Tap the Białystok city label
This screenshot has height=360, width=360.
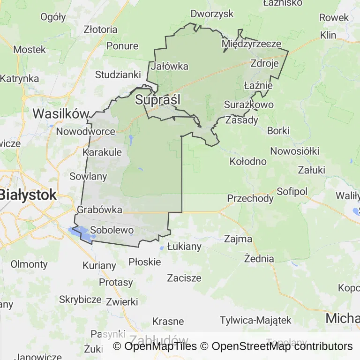[x=28, y=195]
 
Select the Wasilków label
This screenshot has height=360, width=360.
[x=61, y=114]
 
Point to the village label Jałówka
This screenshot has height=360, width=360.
[x=170, y=66]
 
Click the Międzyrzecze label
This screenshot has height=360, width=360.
[x=252, y=44]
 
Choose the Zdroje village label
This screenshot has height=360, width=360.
[x=265, y=63]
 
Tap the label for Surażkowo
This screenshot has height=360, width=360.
[x=249, y=105]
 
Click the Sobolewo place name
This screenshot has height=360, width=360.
[x=112, y=230]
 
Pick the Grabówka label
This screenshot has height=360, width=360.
[x=99, y=210]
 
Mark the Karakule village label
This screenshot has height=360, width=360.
[x=102, y=152]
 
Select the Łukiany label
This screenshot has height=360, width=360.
[x=184, y=246]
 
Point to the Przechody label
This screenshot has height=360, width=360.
[x=250, y=198]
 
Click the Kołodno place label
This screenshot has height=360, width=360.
[x=248, y=162]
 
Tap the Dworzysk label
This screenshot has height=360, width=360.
[x=212, y=14]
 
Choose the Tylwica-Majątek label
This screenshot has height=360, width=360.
[x=255, y=321]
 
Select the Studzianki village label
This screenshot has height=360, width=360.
[x=118, y=75]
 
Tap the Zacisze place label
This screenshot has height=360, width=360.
[x=184, y=278]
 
